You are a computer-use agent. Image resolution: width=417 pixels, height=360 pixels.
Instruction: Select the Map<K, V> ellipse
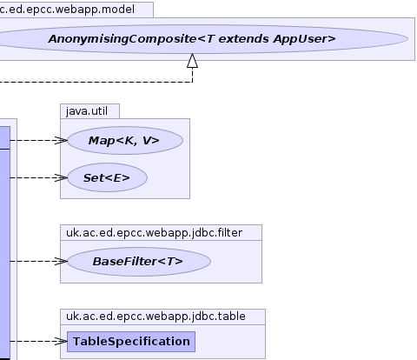point(125,141)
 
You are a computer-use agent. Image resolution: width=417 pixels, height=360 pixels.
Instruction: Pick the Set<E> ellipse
point(107,177)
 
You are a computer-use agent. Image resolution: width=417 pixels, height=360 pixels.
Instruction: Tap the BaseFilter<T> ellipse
point(139,262)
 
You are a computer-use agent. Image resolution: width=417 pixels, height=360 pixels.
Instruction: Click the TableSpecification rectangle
point(131,342)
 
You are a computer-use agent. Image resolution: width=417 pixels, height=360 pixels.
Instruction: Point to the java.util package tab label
point(87,111)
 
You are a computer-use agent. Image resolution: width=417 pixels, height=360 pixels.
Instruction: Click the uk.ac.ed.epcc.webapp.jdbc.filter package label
point(154,233)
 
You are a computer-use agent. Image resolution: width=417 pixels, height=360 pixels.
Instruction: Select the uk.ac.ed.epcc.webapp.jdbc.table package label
point(156,317)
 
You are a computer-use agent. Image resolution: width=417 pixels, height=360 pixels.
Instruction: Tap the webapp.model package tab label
point(67,10)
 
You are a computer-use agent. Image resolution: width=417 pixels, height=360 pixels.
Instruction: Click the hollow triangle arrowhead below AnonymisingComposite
point(193,61)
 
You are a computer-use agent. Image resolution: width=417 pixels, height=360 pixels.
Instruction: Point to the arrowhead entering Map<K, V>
point(62,141)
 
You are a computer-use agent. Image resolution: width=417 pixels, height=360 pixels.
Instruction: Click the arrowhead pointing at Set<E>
point(62,177)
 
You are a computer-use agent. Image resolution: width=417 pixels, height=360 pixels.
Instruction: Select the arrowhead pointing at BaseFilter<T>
point(62,262)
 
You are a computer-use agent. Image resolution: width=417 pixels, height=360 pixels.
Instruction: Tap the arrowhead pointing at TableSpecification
point(62,342)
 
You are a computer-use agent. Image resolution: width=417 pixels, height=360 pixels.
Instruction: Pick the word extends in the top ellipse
point(243,39)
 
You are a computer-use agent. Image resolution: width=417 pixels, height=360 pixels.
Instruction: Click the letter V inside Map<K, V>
point(147,141)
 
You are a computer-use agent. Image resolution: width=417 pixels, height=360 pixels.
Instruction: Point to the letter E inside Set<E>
point(117,178)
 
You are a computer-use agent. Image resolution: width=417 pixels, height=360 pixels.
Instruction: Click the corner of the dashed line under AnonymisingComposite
point(193,83)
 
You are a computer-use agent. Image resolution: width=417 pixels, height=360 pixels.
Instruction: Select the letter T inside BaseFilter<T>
point(170,262)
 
